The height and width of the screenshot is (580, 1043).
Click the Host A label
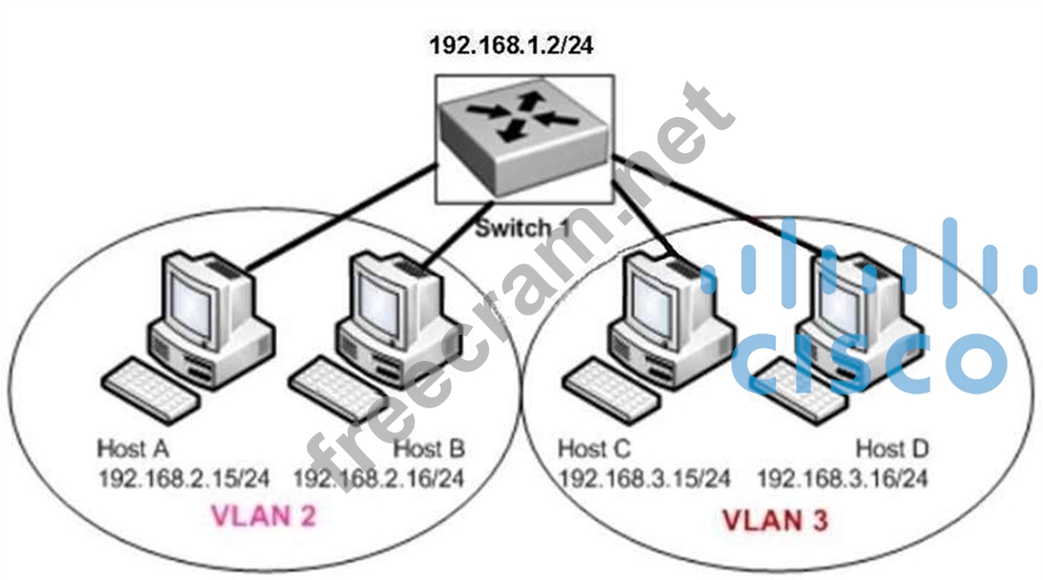(133, 449)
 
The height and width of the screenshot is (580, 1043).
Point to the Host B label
(429, 449)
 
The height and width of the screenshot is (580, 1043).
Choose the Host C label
(594, 449)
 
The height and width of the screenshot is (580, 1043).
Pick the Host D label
(891, 449)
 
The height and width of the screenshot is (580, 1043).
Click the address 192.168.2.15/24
(184, 479)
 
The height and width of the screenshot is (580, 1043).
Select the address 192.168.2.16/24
(379, 479)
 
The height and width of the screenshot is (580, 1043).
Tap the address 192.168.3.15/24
(644, 479)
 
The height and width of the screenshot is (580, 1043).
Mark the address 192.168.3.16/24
(842, 479)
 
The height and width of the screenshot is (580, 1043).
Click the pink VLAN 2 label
(264, 516)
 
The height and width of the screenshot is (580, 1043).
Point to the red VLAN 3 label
(775, 520)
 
